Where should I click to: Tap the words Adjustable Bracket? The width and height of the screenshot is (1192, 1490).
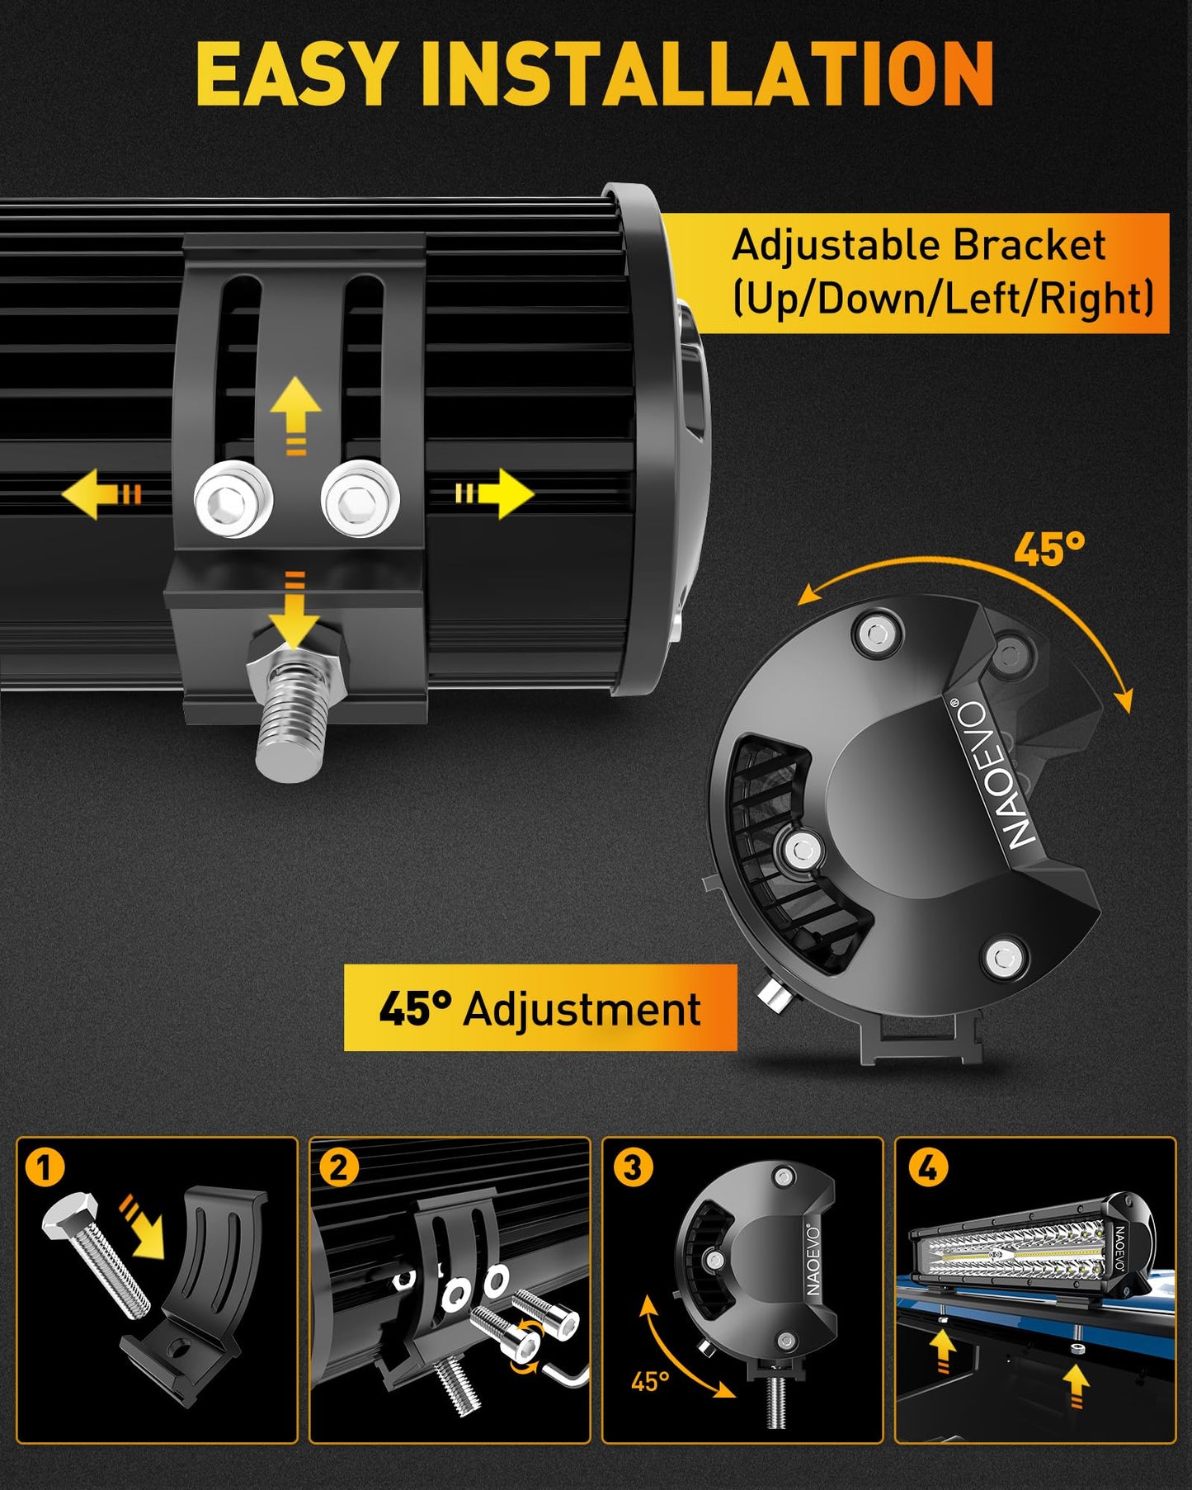(918, 247)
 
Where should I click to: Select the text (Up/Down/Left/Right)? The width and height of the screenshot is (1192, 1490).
(943, 298)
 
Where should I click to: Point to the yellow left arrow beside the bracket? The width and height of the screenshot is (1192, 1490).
(101, 494)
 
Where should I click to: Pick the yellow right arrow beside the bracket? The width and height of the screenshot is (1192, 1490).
(495, 494)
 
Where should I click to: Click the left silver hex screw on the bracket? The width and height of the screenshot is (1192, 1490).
(233, 499)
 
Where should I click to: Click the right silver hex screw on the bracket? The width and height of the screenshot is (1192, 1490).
(360, 498)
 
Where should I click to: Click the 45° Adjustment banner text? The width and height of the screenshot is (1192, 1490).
(540, 1008)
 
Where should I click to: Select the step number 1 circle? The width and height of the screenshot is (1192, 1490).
(45, 1167)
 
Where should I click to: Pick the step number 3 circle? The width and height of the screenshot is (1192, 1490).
(633, 1167)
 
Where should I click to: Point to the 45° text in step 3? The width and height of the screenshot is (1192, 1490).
(650, 1380)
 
